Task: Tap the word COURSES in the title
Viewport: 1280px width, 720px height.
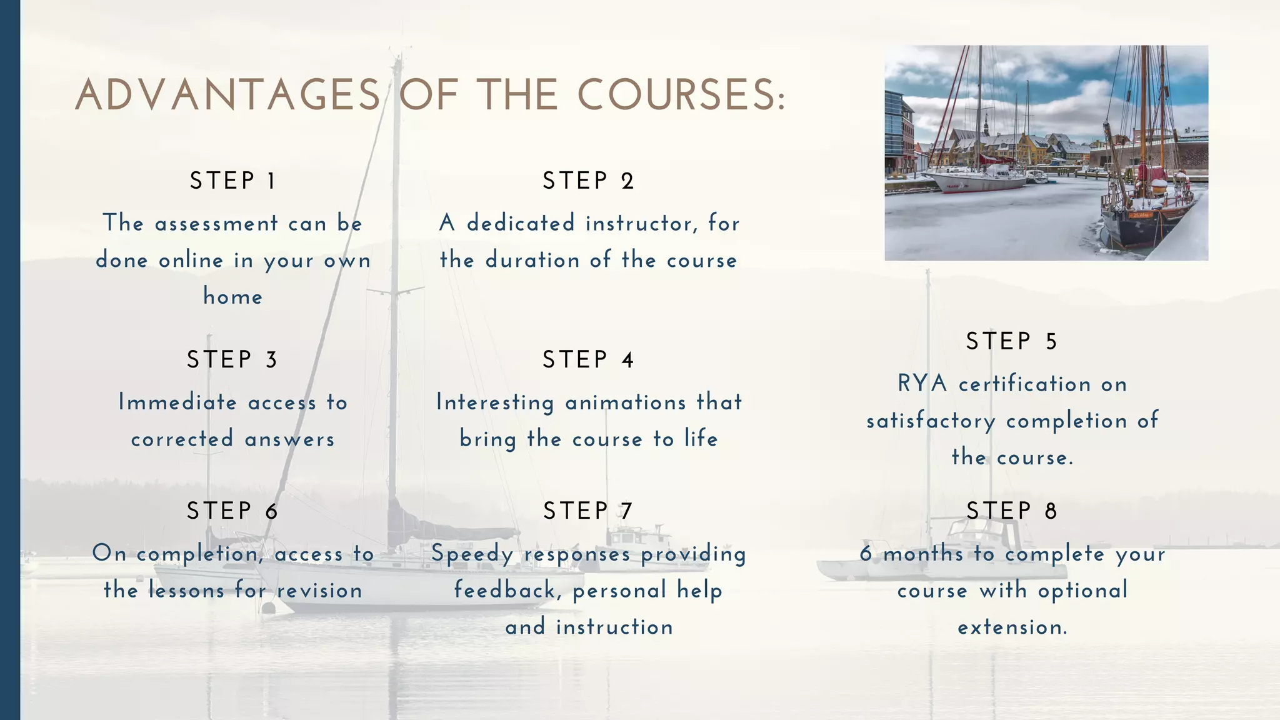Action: (681, 96)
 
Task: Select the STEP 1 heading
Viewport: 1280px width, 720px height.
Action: (232, 181)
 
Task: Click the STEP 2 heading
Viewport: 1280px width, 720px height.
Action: (588, 181)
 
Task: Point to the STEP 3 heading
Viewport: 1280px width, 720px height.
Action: (232, 360)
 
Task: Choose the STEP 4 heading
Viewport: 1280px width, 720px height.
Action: (588, 360)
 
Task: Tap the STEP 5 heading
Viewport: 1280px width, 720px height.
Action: (1011, 342)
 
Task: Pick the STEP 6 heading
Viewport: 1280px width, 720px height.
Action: (232, 511)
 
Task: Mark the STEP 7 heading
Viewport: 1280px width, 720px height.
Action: (588, 511)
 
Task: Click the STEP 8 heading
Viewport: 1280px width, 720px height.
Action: (1011, 511)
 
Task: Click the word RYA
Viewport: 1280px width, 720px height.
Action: (922, 384)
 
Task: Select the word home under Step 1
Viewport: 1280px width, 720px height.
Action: (232, 296)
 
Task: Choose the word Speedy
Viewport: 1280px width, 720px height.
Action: (472, 554)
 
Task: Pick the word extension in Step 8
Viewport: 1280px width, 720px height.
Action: (1011, 627)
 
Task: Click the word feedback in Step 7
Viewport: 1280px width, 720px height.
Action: (505, 591)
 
